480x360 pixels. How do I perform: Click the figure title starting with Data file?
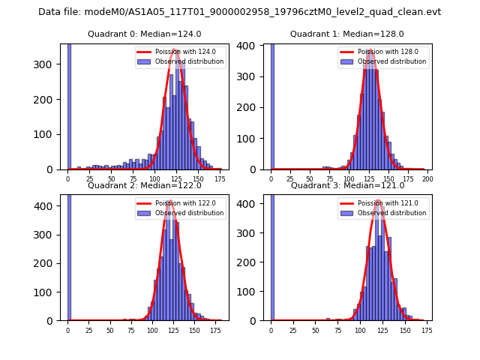239,12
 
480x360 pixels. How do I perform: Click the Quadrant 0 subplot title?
144,34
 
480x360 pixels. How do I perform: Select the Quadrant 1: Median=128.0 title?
347,34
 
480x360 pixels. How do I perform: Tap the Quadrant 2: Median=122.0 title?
144,185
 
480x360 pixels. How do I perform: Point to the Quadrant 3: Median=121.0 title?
347,185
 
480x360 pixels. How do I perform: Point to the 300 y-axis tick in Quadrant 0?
50,64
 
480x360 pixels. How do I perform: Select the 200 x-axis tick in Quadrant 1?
427,178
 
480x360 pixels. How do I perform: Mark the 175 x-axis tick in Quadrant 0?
219,178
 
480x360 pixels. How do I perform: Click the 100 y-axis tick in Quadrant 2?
50,292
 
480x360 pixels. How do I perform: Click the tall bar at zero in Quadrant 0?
69,105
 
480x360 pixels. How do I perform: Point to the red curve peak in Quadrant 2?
170,201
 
